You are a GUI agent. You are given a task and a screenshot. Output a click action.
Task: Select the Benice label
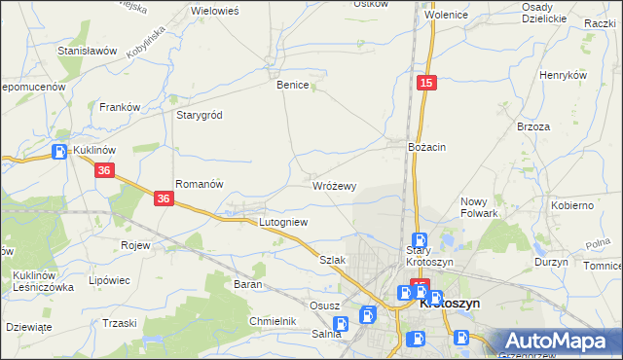[292, 85]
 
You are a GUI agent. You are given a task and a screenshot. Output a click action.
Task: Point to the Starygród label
[199, 115]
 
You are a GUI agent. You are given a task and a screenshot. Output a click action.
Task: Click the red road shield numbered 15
[425, 85]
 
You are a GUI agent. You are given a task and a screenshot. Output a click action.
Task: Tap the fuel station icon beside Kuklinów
[59, 152]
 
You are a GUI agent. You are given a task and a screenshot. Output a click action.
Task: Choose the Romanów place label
[200, 183]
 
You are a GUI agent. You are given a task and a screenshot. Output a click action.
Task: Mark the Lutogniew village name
[282, 222]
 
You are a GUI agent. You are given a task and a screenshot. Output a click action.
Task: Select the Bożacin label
[426, 146]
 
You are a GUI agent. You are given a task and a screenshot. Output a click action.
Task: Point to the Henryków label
[563, 75]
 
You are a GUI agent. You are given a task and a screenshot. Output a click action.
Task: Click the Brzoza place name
[534, 126]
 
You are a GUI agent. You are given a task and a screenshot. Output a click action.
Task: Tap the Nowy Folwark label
[479, 207]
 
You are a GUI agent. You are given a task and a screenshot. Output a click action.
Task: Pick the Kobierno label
[572, 205]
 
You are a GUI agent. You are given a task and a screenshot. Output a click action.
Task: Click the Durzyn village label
[551, 263]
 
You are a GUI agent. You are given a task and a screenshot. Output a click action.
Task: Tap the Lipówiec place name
[109, 280]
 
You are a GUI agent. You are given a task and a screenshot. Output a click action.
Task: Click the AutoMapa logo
[559, 342]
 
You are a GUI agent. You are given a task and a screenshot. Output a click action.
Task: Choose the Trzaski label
[119, 322]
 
